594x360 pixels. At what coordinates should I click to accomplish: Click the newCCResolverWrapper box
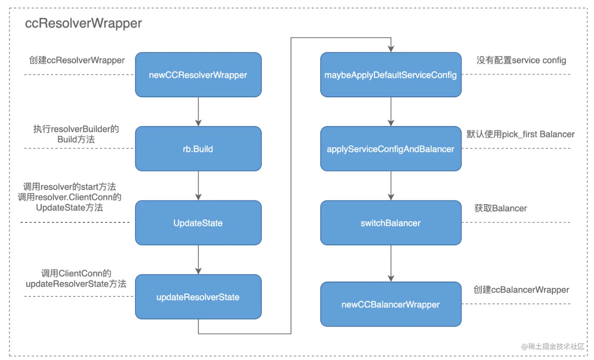coord(198,75)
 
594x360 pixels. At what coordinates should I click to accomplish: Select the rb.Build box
coord(198,149)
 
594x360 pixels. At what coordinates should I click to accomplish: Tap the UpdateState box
coord(198,223)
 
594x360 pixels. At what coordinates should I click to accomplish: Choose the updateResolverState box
coord(198,297)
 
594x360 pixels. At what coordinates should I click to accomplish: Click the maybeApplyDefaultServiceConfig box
coord(390,75)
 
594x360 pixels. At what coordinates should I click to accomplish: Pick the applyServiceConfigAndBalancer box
coord(390,149)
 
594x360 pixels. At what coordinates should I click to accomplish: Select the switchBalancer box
coord(390,223)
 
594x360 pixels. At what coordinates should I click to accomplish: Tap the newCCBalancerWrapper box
coord(390,304)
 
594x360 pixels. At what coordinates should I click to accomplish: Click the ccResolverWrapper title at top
coord(83,24)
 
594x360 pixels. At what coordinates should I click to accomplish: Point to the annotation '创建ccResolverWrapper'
coord(77,60)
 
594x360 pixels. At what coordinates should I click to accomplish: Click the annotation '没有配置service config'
coord(521,60)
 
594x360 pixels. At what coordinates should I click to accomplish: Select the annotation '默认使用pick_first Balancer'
coord(520,134)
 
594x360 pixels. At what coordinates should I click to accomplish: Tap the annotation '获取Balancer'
coord(500,208)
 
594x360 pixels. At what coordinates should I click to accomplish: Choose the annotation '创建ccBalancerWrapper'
coord(521,290)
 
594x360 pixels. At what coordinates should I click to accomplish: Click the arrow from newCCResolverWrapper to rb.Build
coord(198,111)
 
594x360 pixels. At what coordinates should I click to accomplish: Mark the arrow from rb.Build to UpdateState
coord(198,185)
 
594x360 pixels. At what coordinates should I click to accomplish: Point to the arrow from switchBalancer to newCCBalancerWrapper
coord(391,263)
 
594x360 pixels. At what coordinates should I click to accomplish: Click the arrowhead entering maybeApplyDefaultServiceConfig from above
coord(391,48)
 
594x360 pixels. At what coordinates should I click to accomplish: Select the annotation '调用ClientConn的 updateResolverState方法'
coord(76,279)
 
